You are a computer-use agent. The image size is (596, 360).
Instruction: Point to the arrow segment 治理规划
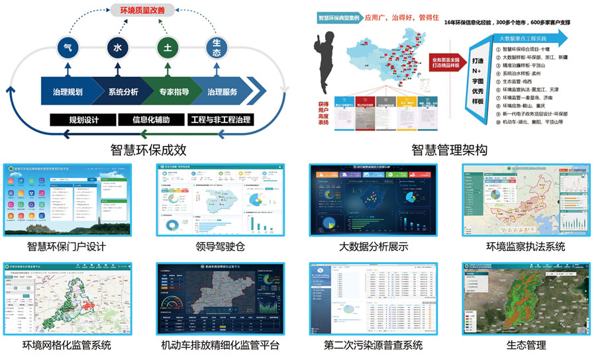pos(66,92)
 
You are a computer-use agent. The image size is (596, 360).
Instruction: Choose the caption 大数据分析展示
pos(372,247)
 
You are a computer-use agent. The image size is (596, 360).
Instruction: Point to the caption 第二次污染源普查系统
pos(373,345)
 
